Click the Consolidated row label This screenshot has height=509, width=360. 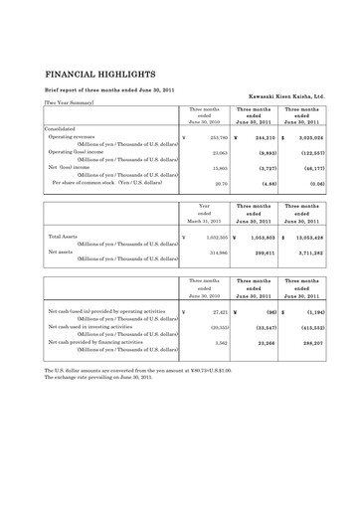(x=66, y=128)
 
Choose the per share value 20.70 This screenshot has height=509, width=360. (x=220, y=183)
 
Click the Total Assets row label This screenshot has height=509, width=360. (x=65, y=238)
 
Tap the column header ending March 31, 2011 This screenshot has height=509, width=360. (x=204, y=219)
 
